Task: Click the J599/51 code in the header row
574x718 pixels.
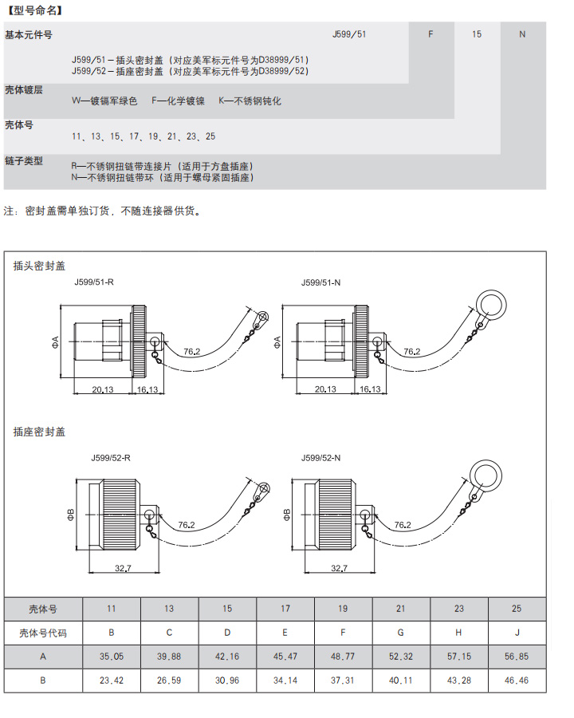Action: [x=348, y=34]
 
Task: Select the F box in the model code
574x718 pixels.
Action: [x=431, y=34]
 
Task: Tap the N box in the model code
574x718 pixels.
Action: [x=522, y=34]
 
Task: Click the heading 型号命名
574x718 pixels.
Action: [x=34, y=11]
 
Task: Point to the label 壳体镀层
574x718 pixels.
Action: [x=24, y=90]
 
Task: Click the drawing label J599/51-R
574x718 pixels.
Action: [x=94, y=282]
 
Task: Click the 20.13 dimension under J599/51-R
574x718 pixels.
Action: [x=101, y=389]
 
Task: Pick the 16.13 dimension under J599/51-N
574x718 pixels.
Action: [x=369, y=389]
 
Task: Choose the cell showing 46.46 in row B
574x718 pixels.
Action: [x=517, y=681]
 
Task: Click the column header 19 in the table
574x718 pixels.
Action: [x=343, y=609]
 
